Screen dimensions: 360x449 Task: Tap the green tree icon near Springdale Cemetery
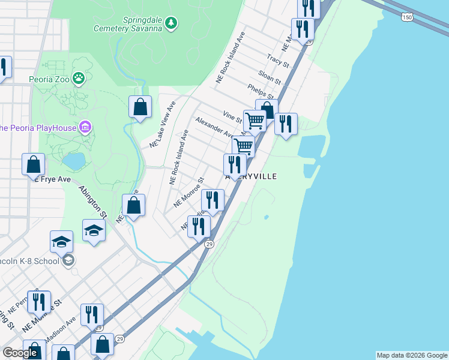coord(172,23)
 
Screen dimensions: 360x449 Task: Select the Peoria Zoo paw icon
coord(79,77)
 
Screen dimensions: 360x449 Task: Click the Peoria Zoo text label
coord(49,78)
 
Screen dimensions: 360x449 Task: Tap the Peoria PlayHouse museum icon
coord(85,127)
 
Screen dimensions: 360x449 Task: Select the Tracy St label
coord(278,61)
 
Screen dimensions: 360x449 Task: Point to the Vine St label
coord(232,116)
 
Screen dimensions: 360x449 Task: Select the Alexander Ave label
coord(213,127)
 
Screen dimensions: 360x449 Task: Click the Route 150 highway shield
coord(408,18)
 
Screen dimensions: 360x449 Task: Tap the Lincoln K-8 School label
coord(30,261)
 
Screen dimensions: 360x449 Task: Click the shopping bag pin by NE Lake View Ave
coord(140,108)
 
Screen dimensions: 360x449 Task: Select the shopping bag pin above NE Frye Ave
coord(34,164)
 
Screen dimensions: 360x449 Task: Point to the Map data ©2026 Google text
coord(412,355)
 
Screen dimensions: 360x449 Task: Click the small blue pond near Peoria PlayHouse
coord(74,161)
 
